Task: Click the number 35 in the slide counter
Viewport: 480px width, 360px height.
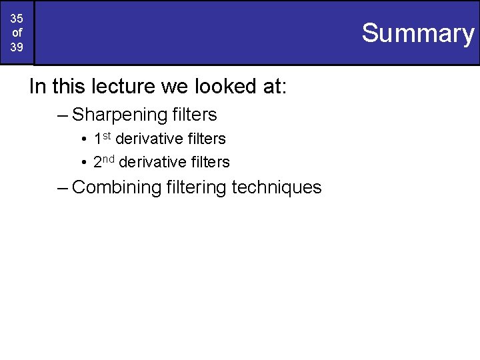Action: click(17, 19)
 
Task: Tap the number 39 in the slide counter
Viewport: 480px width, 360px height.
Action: click(17, 47)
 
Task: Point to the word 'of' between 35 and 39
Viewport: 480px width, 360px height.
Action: click(17, 33)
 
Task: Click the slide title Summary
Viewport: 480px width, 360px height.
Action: click(418, 33)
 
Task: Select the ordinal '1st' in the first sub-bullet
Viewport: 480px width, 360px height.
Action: click(102, 138)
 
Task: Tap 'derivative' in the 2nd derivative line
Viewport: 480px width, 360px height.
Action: click(152, 162)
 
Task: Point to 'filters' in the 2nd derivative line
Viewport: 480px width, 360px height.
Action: click(208, 162)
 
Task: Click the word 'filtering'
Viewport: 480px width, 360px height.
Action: click(197, 187)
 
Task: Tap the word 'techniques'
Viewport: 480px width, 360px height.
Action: click(277, 187)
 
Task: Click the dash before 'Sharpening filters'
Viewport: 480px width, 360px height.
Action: click(63, 115)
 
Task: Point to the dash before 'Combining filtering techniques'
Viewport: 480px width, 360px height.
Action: click(63, 187)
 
